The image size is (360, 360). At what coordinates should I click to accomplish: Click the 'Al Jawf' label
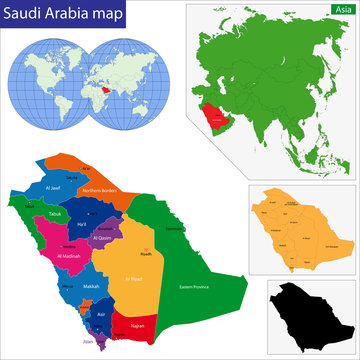(58, 188)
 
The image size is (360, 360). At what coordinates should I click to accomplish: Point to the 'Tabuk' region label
(31, 214)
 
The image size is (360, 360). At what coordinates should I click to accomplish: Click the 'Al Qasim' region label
(102, 239)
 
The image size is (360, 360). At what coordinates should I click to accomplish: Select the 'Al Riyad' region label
(135, 277)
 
